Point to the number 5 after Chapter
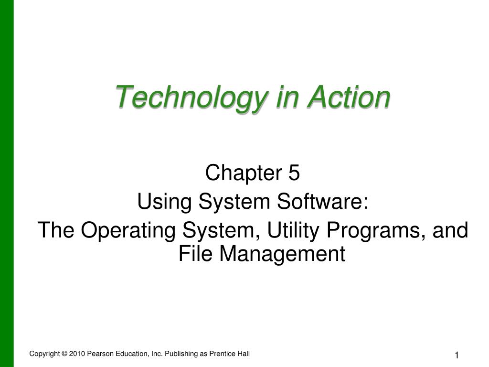coord(294,172)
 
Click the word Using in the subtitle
coord(164,202)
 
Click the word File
coord(195,253)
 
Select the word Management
coord(282,254)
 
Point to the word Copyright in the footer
coord(44,354)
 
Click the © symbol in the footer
coord(64,354)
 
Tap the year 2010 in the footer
coord(77,354)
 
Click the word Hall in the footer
coord(244,354)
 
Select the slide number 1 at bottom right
coord(457,355)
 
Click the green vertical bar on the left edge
coord(7,183)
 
